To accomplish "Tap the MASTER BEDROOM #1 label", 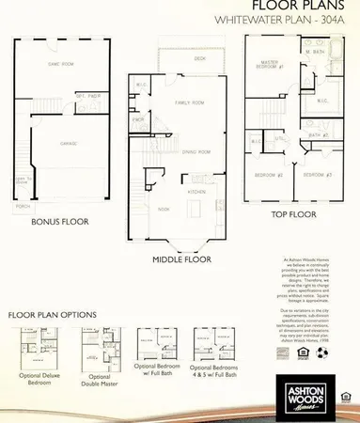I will tap(273, 66).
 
